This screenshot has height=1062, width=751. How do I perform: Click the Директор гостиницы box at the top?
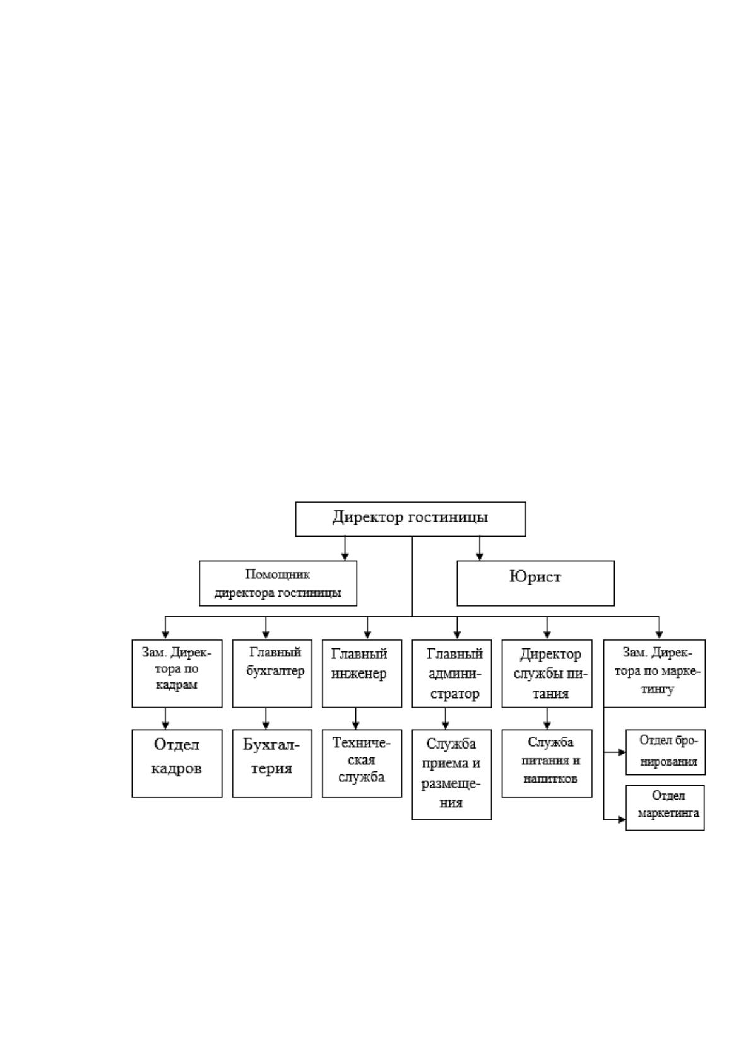tap(410, 518)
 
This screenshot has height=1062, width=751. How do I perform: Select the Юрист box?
tap(535, 583)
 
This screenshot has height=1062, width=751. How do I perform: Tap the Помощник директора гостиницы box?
tap(278, 583)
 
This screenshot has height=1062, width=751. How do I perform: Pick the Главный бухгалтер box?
tap(272, 674)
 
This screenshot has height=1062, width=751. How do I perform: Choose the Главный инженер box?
tap(362, 674)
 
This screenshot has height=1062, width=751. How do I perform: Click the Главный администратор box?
tap(451, 674)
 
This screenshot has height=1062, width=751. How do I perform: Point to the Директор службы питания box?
tap(547, 674)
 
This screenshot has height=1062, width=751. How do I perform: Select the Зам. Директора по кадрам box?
tap(177, 674)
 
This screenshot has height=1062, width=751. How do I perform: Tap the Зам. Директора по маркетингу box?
tap(654, 674)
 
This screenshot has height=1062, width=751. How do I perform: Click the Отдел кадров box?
tap(177, 763)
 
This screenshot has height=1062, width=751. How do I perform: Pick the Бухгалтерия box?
tap(272, 763)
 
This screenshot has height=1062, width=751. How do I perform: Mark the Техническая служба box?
tap(362, 763)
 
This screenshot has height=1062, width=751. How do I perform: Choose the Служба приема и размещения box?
tap(451, 774)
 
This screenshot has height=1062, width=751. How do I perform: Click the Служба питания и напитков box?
tap(547, 763)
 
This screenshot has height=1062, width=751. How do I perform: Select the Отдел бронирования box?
tap(665, 752)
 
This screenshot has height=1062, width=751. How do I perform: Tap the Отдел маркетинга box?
tap(665, 807)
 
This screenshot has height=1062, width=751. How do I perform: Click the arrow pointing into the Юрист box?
tap(479, 548)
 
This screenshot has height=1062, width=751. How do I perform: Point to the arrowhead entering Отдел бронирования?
tap(622, 752)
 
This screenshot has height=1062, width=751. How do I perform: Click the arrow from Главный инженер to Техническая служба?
tap(355, 718)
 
